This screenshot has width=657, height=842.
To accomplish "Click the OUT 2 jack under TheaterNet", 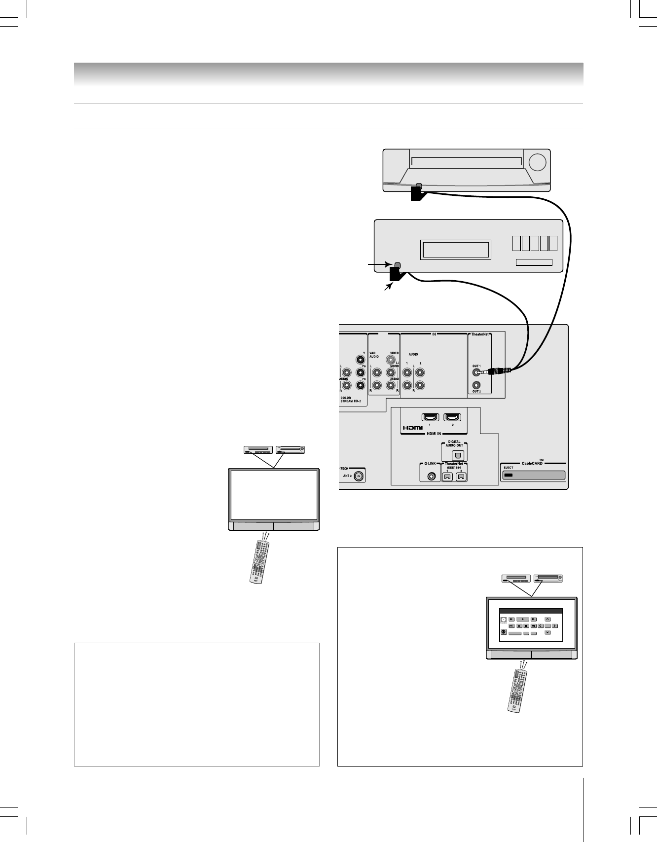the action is [476, 385].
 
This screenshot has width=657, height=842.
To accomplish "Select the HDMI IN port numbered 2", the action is [452, 417].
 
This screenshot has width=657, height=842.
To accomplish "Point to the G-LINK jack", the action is [433, 476].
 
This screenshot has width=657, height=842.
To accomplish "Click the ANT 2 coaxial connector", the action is [359, 476].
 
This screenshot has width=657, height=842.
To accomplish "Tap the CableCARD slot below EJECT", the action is [533, 476].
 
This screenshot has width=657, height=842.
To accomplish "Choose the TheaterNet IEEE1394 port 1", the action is [448, 476].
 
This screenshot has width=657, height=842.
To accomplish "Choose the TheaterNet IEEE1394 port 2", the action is [461, 476].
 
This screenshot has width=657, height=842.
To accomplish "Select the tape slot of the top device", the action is [466, 161].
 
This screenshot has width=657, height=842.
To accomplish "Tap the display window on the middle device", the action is [455, 250].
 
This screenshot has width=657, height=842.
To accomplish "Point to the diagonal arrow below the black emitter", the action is [388, 287].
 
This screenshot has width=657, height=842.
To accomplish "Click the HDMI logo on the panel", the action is [412, 428].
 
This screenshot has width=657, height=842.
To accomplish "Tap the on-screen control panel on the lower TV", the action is [531, 625].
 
